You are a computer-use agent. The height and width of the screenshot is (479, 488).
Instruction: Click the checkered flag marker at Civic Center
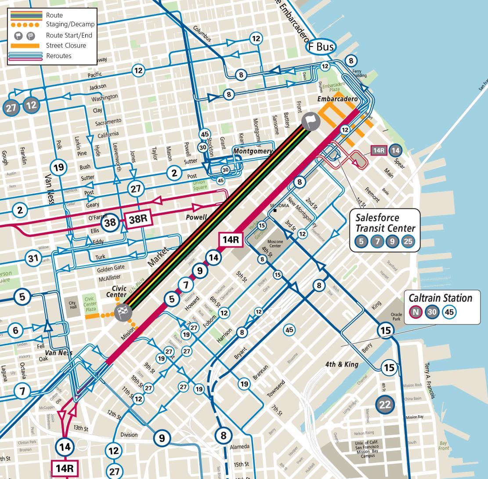click(123, 313)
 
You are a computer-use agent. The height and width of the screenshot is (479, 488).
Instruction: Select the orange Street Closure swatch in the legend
click(25, 46)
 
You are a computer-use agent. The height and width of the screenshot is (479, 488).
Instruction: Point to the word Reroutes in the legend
click(58, 56)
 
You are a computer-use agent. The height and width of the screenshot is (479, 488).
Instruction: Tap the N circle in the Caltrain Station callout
click(415, 312)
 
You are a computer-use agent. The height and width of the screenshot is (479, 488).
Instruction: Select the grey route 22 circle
click(385, 404)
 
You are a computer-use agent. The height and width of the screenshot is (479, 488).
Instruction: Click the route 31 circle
click(33, 258)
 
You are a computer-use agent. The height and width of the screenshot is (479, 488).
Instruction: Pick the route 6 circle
click(16, 330)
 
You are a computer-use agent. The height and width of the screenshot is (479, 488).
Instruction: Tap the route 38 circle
click(110, 223)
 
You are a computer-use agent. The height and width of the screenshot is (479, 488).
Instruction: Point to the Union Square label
click(199, 185)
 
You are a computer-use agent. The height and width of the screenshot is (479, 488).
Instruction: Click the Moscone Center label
click(275, 244)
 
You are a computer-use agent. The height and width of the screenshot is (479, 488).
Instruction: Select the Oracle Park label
click(396, 317)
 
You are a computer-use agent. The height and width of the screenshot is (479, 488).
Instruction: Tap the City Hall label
click(72, 305)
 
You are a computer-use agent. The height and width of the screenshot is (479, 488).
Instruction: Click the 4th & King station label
click(341, 364)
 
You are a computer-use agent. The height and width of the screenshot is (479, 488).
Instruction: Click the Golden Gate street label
click(111, 268)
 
